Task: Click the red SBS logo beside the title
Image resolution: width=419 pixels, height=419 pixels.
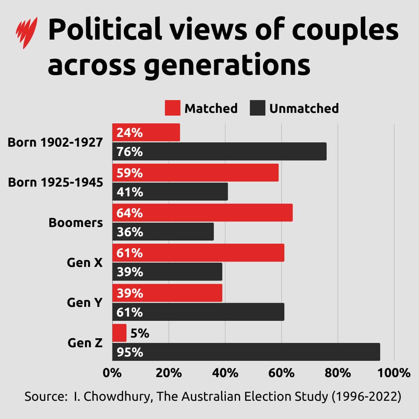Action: (x=26, y=33)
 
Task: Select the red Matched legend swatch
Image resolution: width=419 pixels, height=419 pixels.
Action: (x=172, y=108)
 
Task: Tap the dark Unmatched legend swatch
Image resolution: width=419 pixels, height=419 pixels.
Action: (x=257, y=108)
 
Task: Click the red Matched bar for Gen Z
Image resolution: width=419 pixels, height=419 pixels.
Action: (x=119, y=333)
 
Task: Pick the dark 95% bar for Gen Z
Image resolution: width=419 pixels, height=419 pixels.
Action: (x=246, y=352)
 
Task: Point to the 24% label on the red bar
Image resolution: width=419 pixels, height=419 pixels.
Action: (x=130, y=133)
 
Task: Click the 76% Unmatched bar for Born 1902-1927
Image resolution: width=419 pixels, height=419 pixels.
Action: (x=219, y=151)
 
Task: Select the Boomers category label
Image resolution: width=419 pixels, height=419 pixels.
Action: (x=76, y=223)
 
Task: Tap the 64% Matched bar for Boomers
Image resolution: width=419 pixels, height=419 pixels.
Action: (x=202, y=213)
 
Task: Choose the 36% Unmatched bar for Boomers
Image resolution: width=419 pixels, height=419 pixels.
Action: (x=163, y=232)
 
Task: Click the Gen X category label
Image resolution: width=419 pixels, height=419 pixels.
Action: (x=85, y=263)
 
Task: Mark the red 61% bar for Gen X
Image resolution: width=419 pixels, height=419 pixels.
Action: (x=198, y=253)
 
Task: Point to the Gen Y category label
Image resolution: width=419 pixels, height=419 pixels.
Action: (x=85, y=303)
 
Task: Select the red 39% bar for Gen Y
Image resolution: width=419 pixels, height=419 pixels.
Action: (x=167, y=293)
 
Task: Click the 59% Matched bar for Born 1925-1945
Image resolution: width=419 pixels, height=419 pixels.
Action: (x=195, y=173)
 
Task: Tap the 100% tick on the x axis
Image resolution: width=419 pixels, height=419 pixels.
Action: (x=394, y=373)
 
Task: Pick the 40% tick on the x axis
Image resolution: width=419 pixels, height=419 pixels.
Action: (x=225, y=373)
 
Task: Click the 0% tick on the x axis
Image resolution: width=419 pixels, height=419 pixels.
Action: (x=113, y=373)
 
